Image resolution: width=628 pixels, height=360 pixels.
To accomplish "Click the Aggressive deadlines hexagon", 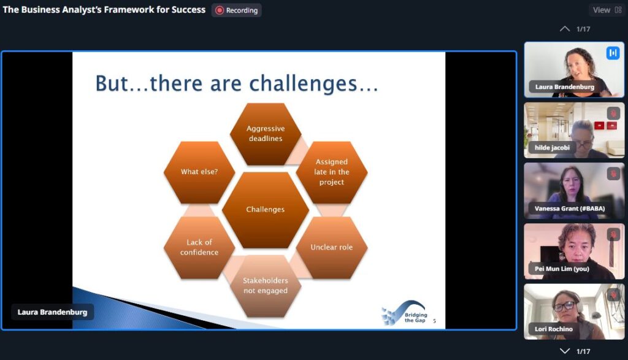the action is click(266, 134).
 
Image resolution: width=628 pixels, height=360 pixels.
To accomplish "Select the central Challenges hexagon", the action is click(266, 210).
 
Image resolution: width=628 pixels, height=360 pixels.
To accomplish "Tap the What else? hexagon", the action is click(199, 172).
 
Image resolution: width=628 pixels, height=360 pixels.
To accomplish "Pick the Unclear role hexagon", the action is click(332, 248).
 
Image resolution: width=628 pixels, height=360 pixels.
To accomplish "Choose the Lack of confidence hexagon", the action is click(199, 248).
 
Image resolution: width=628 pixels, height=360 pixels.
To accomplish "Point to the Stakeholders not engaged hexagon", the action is click(266, 286).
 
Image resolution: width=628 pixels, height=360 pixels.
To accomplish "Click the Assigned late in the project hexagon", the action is click(332, 172).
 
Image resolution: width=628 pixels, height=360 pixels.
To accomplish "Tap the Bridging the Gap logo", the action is click(405, 313).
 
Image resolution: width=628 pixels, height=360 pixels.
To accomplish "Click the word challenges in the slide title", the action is click(303, 83).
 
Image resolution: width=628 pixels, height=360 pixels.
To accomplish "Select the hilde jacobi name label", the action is click(552, 148).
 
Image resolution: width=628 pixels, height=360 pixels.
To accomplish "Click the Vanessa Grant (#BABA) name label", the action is click(570, 209).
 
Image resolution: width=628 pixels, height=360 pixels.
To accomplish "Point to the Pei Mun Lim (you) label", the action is click(562, 269).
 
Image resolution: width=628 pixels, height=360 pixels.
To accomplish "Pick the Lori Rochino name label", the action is click(554, 329).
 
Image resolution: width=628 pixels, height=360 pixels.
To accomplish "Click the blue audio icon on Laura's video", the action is click(613, 53).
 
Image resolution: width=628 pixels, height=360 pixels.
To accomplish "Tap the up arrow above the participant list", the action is click(565, 29).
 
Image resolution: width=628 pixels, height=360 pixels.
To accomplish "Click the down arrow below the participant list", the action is click(565, 351).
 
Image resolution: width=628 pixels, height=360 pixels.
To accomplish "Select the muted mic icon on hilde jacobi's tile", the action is click(613, 113).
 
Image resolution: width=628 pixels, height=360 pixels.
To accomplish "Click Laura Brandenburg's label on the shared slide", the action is click(52, 312).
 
